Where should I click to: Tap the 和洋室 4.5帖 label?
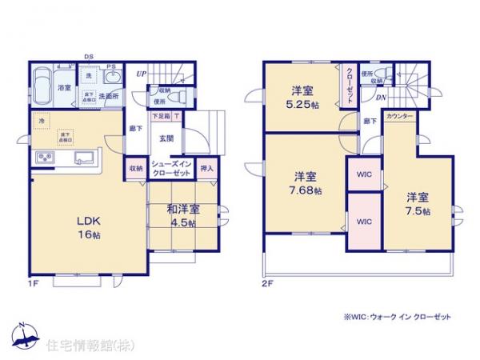tap(183, 217)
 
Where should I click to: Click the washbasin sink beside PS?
tap(114, 78)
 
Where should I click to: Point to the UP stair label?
tap(141, 74)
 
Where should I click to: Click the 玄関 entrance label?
tap(166, 137)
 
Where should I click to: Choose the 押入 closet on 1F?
tap(206, 169)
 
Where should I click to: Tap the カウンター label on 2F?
tap(399, 117)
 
